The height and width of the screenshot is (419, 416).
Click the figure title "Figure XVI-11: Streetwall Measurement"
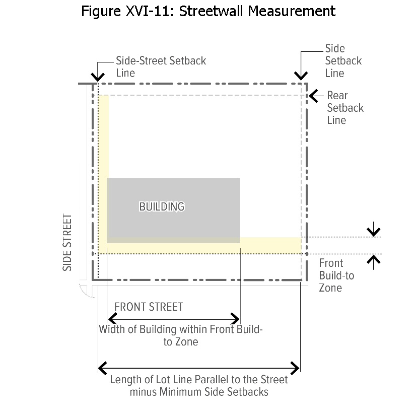pos(208,11)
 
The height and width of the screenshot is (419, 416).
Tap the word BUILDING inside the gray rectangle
pos(162,206)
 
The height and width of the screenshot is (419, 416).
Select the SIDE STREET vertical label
pos(67,243)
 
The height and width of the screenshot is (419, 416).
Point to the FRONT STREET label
pos(149,307)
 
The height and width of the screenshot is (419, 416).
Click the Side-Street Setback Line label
pos(161,66)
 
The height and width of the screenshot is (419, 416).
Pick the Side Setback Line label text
pos(343,61)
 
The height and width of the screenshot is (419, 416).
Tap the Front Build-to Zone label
pos(336,275)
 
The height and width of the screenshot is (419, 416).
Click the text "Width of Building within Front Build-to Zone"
pos(181,336)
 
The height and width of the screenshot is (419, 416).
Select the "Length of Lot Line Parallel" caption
pos(199,386)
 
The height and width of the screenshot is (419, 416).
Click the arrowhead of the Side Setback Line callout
pos(301,76)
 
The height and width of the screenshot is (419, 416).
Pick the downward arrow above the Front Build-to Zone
pos(373,231)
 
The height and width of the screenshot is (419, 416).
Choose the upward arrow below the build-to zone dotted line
pos(373,260)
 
